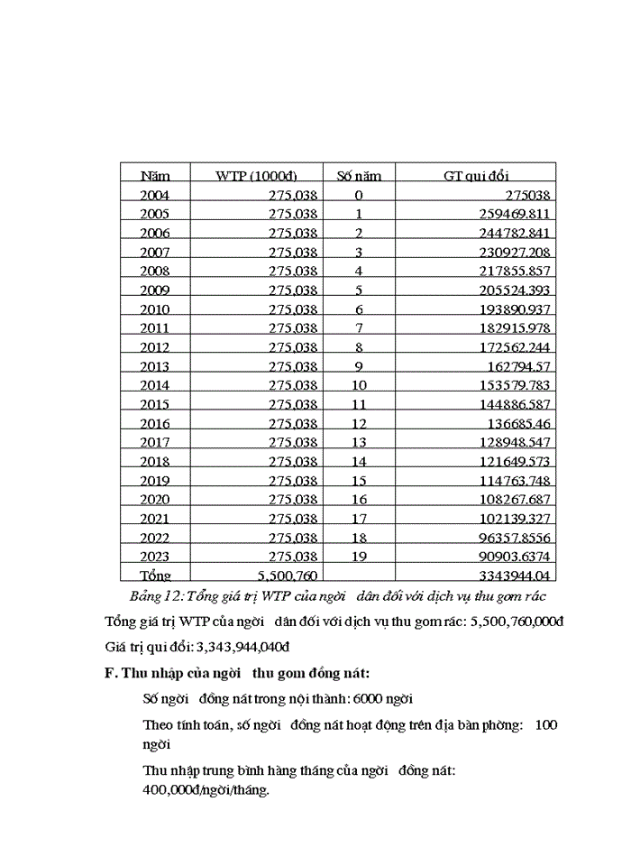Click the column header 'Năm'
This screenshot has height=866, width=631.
click(x=155, y=176)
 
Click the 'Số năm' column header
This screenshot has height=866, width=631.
click(x=359, y=176)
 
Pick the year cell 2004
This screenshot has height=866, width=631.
click(x=155, y=195)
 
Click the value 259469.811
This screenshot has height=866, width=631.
click(x=510, y=214)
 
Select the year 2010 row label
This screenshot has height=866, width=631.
click(x=155, y=309)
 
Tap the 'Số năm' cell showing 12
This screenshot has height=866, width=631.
click(x=359, y=423)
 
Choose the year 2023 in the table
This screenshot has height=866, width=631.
click(x=155, y=557)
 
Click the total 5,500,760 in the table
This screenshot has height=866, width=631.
click(x=287, y=576)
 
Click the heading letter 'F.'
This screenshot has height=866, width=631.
click(x=111, y=672)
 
